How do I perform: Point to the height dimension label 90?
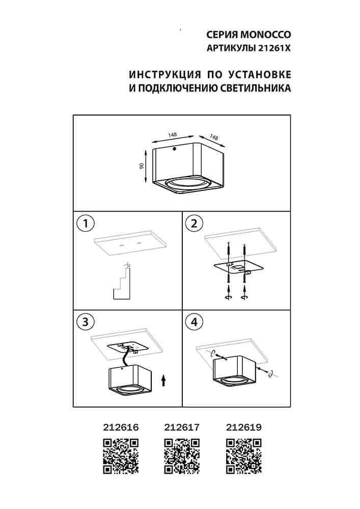click(x=141, y=166)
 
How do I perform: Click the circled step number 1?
click(x=86, y=223)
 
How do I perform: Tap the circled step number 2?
click(x=194, y=223)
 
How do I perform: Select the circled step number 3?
click(x=86, y=322)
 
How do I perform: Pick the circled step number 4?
click(x=194, y=322)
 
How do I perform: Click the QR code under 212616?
click(x=121, y=456)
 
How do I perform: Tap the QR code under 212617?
click(x=182, y=456)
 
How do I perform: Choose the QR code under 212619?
click(x=243, y=456)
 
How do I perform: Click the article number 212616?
click(x=121, y=427)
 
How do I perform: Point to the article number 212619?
click(x=243, y=427)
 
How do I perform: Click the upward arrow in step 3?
click(x=164, y=381)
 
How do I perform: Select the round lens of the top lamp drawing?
click(x=188, y=184)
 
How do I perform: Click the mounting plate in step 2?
click(x=237, y=267)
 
